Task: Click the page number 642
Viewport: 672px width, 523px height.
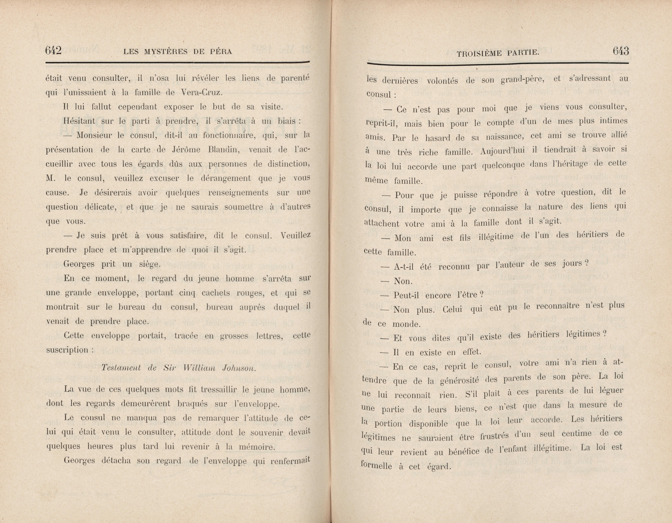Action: tap(53, 50)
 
